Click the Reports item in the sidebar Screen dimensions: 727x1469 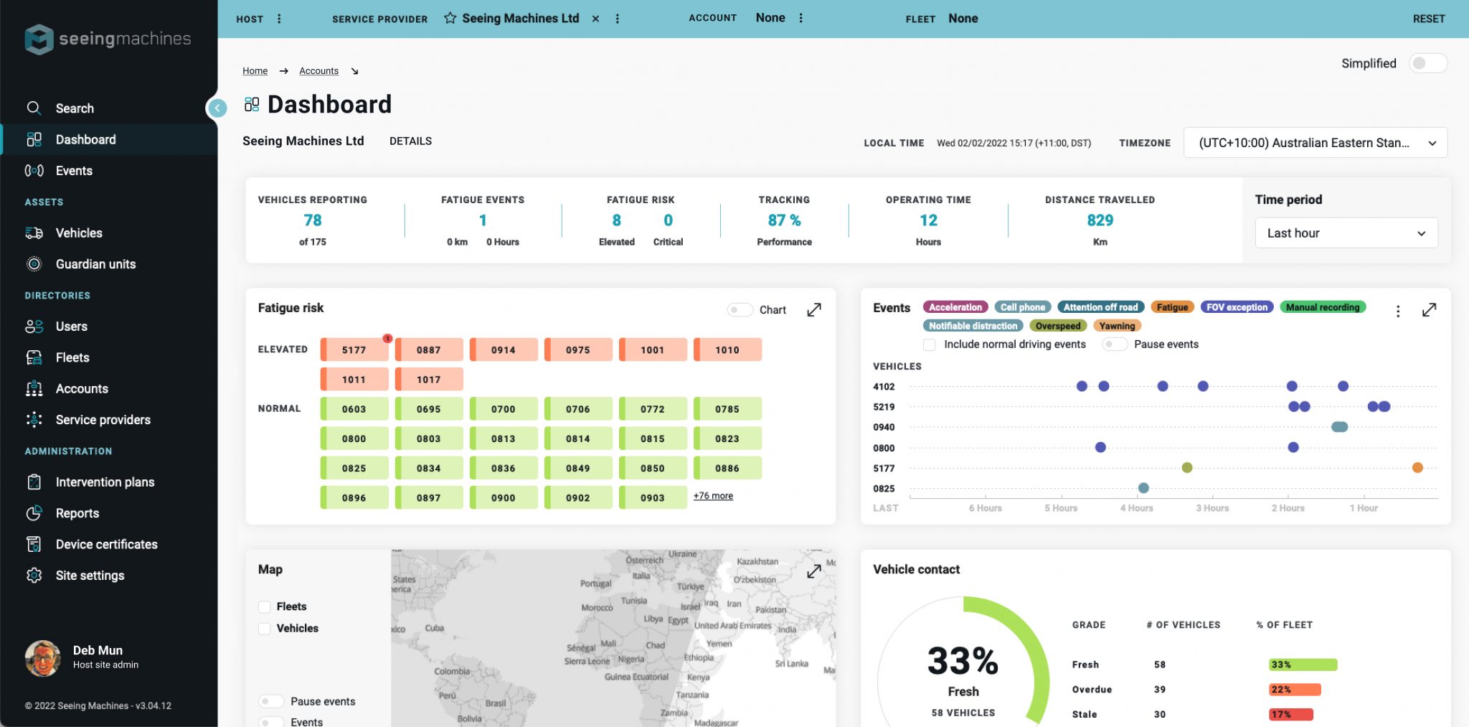(77, 513)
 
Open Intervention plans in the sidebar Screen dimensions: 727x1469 (105, 482)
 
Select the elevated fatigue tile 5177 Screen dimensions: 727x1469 (354, 350)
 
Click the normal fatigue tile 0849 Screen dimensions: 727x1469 (578, 469)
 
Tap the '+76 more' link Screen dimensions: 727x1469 (713, 496)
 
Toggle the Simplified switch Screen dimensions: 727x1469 (1427, 63)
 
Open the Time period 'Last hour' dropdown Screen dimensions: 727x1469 (1346, 233)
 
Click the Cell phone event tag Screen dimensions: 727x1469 (1022, 307)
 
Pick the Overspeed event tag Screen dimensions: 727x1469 (1057, 326)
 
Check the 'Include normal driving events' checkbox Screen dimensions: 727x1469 (930, 344)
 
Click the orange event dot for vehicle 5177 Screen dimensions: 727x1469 (1417, 468)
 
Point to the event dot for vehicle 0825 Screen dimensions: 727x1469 (1143, 488)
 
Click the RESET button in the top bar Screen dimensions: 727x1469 (1428, 19)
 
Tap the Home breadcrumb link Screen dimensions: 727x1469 (255, 71)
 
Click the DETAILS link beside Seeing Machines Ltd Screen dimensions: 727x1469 (410, 141)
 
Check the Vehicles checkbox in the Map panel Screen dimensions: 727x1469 (265, 629)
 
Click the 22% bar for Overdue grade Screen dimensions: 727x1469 (1294, 690)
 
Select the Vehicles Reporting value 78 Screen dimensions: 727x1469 (313, 220)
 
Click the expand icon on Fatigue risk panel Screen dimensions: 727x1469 (814, 310)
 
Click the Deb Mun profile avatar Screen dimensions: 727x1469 (43, 657)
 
